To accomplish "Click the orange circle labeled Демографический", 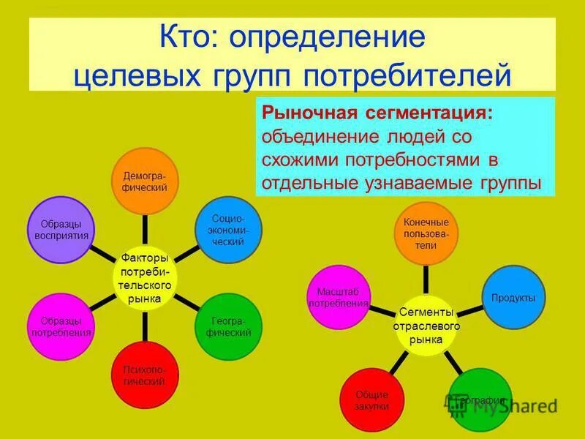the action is pyautogui.click(x=143, y=182).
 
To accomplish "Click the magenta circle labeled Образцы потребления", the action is pyautogui.click(x=61, y=326).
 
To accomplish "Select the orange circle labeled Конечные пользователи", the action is pyautogui.click(x=426, y=233).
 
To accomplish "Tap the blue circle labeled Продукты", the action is pyautogui.click(x=513, y=298).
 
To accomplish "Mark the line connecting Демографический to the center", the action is pyautogui.click(x=144, y=231).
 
